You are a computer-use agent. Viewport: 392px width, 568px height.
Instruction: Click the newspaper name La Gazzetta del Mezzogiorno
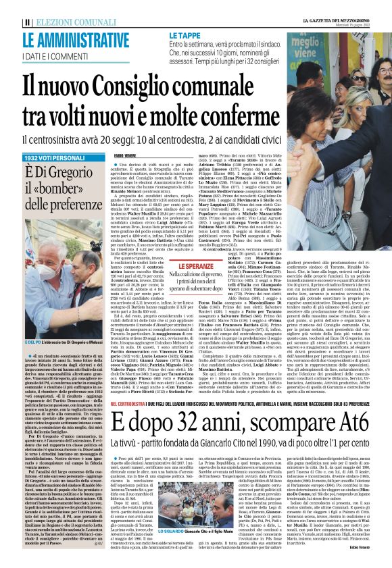coord(344,7)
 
